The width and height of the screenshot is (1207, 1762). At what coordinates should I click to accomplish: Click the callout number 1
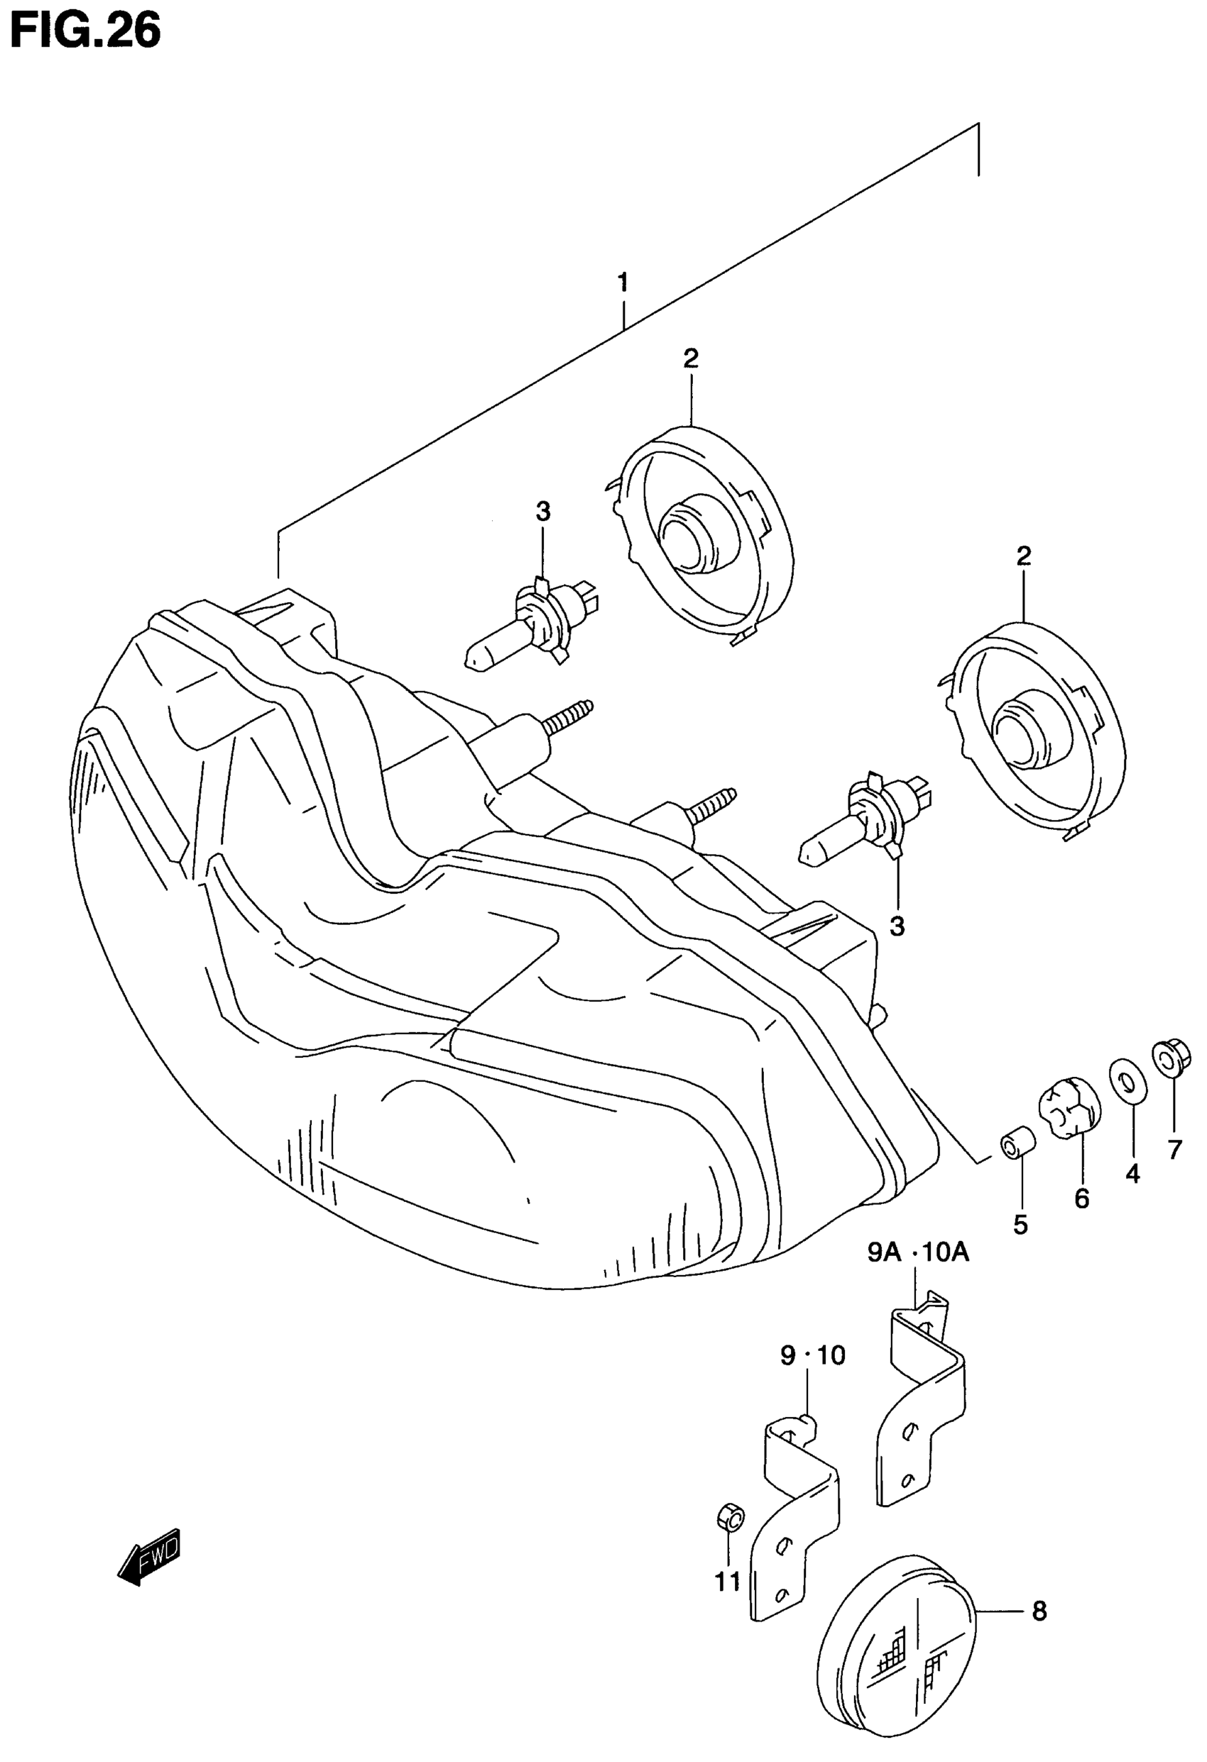tap(623, 283)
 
